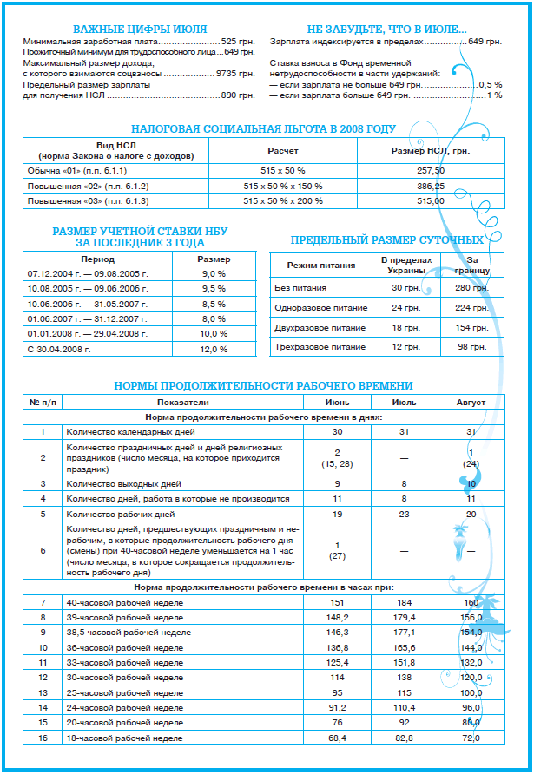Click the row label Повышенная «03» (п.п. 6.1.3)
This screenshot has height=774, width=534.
click(x=89, y=200)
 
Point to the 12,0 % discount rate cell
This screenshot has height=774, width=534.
click(x=214, y=349)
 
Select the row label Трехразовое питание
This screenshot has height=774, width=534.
click(x=320, y=347)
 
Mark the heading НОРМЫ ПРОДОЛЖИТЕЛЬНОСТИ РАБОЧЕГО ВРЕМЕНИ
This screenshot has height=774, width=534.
click(x=264, y=385)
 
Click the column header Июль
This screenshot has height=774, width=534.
click(x=405, y=403)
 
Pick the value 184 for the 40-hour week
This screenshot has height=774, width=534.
click(x=405, y=602)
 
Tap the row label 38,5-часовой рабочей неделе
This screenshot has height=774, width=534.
click(x=128, y=633)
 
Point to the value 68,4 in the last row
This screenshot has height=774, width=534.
click(x=337, y=738)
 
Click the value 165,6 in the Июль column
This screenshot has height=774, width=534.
click(x=405, y=647)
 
